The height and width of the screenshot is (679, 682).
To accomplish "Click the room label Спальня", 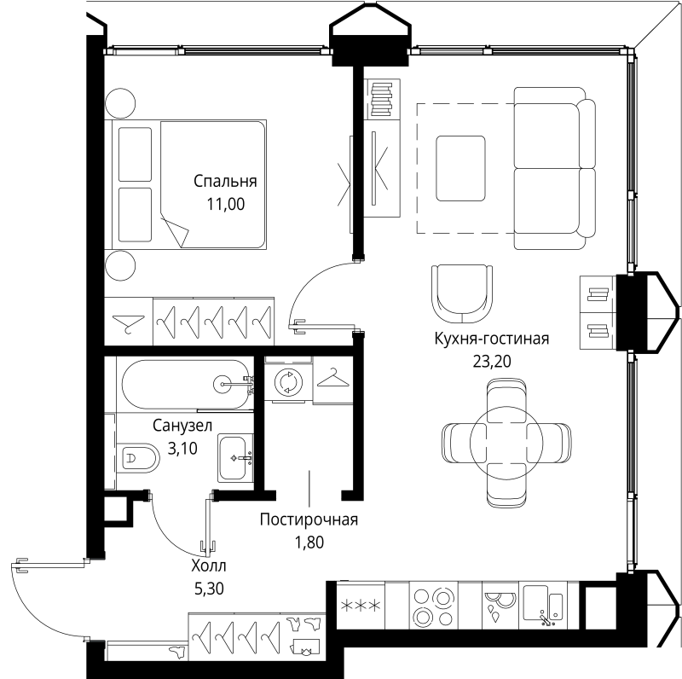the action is tap(225, 182).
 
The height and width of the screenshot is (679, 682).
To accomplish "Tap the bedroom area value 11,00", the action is tap(225, 204).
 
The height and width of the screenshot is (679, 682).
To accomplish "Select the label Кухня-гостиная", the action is tap(492, 338).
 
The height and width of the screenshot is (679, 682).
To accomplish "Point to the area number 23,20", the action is tap(492, 361).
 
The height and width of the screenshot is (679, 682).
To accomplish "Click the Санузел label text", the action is tap(182, 426).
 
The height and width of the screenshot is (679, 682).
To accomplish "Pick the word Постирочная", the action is tap(309, 519).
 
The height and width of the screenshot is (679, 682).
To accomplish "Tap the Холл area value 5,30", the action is tap(209, 589).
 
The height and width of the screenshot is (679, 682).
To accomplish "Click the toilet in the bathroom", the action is tap(136, 457).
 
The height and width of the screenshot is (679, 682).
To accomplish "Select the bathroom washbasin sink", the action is tap(235, 457).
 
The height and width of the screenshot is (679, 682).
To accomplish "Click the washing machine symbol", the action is tap(288, 381).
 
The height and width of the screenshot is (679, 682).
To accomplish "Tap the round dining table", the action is tap(506, 442).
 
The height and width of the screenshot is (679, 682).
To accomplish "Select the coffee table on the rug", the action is tap(460, 168).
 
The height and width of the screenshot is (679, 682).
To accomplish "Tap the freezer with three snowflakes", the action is tap(361, 606).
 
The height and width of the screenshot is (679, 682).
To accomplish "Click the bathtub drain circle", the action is tap(223, 384).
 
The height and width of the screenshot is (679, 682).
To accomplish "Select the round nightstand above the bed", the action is tap(120, 103).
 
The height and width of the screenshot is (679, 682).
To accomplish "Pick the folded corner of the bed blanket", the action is tap(176, 230).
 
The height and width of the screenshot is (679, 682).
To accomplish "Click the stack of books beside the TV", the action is tap(381, 99).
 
